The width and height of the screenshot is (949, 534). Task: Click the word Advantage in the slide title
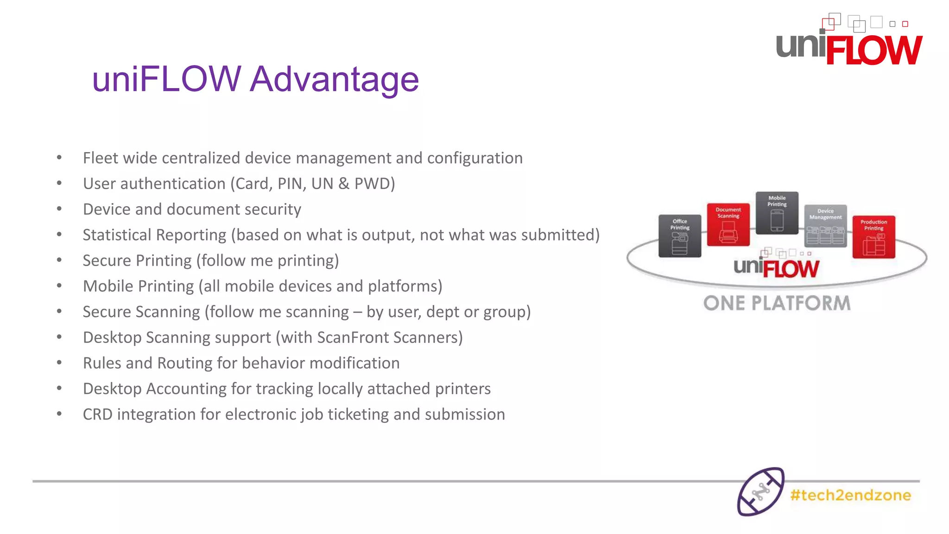[x=334, y=79]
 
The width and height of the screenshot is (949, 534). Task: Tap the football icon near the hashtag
[x=760, y=492]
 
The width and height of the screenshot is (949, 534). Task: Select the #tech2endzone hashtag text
[x=850, y=495]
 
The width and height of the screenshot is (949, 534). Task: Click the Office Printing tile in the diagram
[x=680, y=236]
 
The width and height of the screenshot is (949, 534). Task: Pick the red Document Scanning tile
[x=728, y=224]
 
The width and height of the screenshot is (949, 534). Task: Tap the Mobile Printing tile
[x=777, y=213]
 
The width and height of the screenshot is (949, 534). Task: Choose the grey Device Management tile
[x=825, y=226]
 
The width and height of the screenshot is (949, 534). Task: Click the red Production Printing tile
[x=873, y=236]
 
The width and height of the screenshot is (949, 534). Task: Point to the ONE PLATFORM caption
[x=777, y=303]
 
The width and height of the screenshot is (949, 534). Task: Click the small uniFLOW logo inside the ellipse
[x=777, y=267]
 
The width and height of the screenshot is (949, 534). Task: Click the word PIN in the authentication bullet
[x=291, y=184]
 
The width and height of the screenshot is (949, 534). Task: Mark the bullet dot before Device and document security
[x=59, y=209]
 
